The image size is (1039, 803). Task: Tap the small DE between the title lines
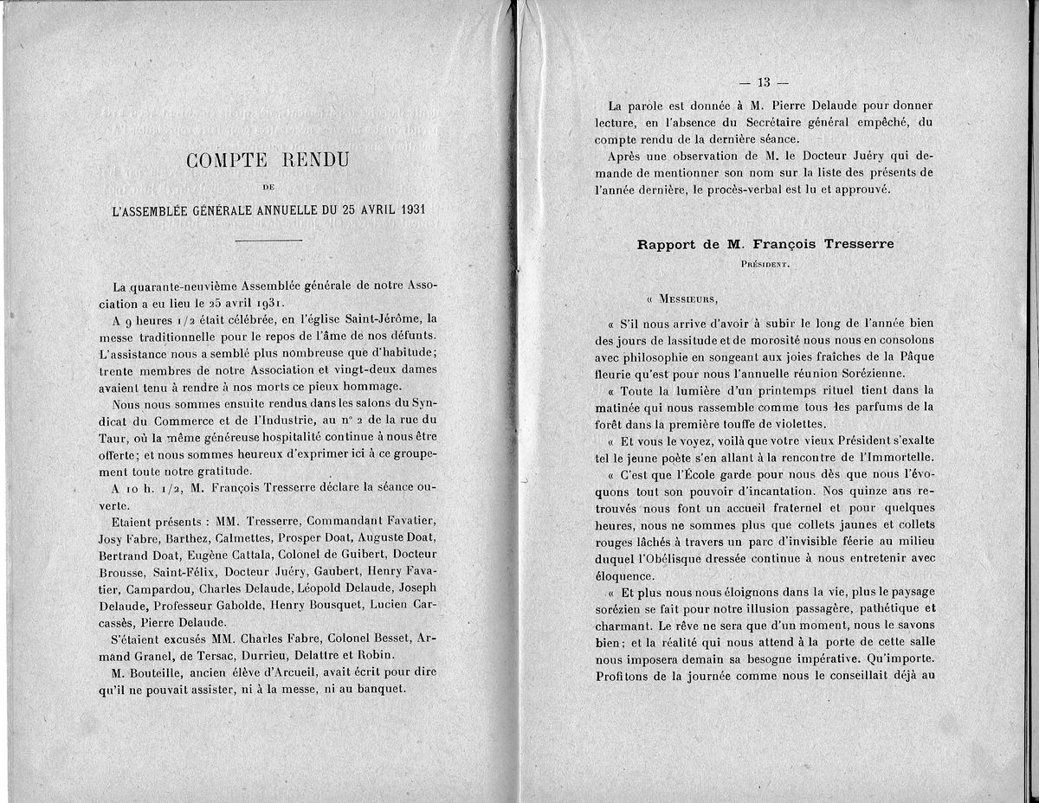tap(268, 184)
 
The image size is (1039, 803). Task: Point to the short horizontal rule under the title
tap(268, 240)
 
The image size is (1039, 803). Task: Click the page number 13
tap(763, 82)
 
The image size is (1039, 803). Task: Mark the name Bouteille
tap(165, 672)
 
